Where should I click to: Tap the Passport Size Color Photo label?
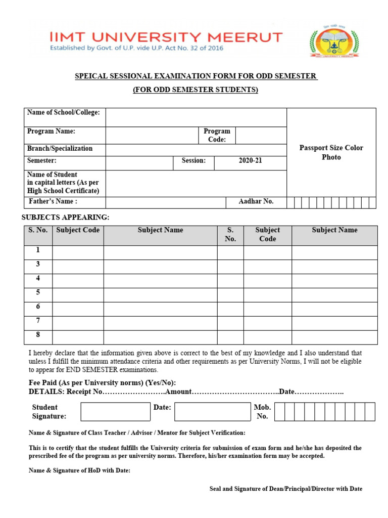pos(331,152)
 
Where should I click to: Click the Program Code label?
pos(217,135)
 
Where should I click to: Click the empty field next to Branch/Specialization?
pos(196,149)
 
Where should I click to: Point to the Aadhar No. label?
pos(256,201)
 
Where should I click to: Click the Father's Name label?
pos(53,201)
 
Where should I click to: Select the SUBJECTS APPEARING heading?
pos(65,218)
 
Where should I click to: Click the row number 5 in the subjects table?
pos(38,292)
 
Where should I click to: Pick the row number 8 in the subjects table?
pos(38,335)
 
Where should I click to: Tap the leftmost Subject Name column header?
pos(160,230)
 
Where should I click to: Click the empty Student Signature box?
pos(115,412)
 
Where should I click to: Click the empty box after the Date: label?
pos(213,412)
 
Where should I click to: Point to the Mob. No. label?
pos(262,412)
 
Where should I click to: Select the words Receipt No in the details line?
pos(84,392)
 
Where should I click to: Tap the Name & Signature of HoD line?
pos(79,470)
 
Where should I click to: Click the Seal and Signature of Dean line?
pos(285,489)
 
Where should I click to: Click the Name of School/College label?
pos(63,112)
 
